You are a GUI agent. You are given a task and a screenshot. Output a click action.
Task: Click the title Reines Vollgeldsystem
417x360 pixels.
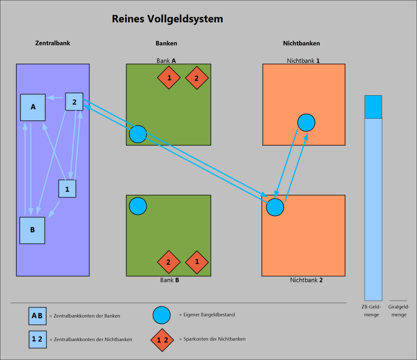(x=167, y=19)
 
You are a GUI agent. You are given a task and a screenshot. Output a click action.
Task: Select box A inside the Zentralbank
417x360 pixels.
(x=33, y=107)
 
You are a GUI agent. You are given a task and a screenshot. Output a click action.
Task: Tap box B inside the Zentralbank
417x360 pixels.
(x=32, y=230)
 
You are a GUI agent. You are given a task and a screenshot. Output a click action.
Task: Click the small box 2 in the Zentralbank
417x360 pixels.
(x=74, y=102)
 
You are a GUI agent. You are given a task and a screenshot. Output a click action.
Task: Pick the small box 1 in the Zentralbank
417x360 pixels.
(x=67, y=189)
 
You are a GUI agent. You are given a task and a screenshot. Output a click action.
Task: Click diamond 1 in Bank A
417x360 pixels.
(x=169, y=78)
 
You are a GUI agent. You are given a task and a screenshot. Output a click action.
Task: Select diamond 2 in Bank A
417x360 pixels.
(x=197, y=78)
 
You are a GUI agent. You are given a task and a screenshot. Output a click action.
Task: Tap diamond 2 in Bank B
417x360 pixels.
(x=169, y=262)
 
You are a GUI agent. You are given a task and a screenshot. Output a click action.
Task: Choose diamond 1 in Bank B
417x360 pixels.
(x=197, y=262)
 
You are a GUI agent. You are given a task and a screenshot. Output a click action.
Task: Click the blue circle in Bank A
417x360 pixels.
(x=138, y=134)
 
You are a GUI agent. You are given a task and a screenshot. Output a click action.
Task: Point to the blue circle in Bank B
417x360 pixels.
(x=138, y=206)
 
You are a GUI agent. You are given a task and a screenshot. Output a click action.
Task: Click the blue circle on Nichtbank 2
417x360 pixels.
(x=275, y=207)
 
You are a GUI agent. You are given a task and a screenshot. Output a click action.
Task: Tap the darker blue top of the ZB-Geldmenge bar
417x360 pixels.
(x=373, y=107)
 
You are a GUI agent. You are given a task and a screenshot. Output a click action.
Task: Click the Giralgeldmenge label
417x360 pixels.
(x=399, y=310)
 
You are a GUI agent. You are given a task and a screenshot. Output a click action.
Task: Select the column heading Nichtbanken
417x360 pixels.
(x=301, y=43)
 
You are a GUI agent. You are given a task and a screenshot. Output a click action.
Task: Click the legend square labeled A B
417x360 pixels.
(x=37, y=315)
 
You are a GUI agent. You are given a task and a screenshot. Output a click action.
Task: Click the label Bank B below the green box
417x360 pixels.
(x=169, y=280)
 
